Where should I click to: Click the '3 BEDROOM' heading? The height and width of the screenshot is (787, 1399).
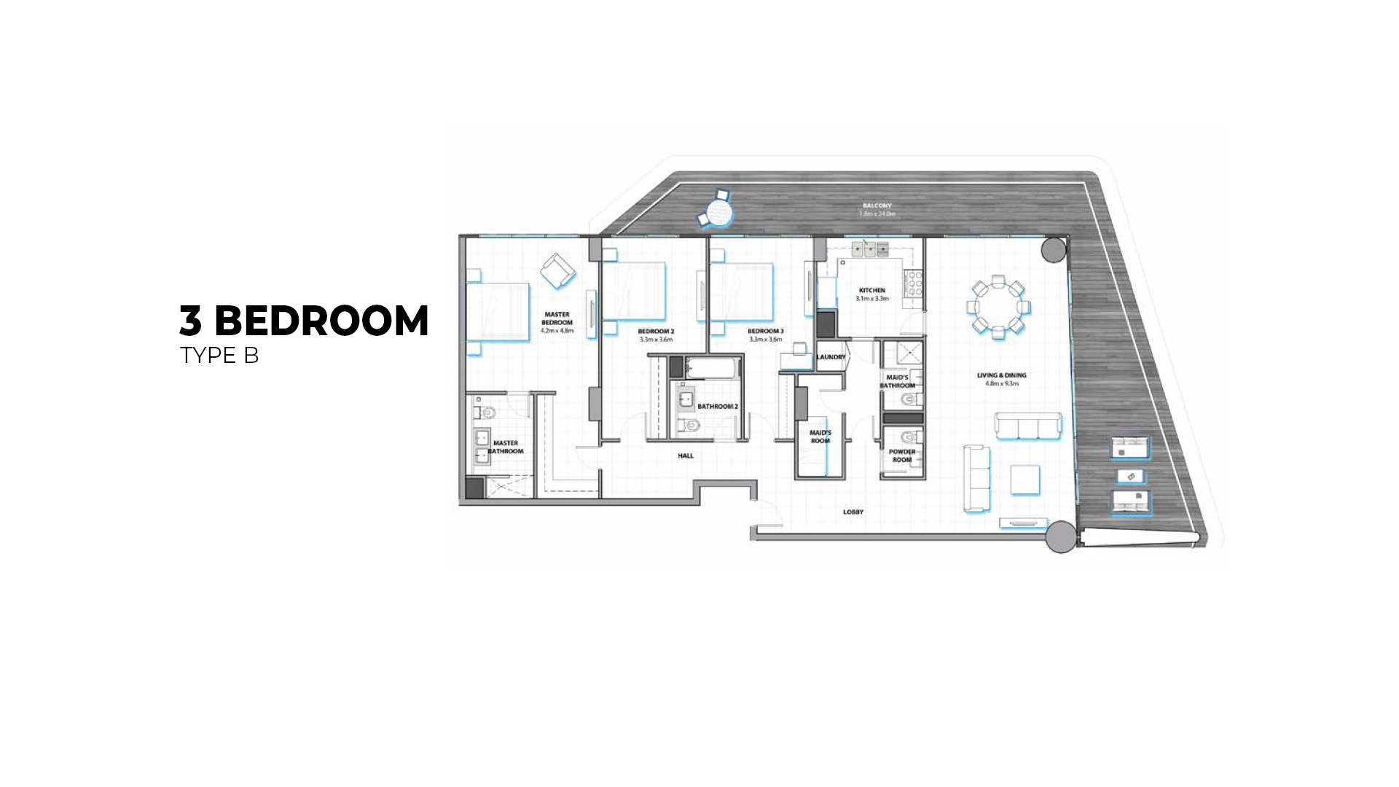[x=304, y=321]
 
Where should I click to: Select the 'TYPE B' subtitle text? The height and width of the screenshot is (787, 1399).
[x=219, y=356]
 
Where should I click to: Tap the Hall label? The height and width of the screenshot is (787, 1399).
[x=686, y=455]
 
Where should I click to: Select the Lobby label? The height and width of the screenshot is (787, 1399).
[x=853, y=512]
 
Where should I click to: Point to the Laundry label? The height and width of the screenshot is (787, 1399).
[x=831, y=357]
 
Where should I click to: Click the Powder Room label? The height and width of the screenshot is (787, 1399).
[x=902, y=455]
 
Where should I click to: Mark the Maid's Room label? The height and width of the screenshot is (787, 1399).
[x=820, y=436]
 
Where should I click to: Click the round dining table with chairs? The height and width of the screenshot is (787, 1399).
[x=998, y=307]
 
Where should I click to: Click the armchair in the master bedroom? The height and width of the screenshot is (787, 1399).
[x=557, y=272]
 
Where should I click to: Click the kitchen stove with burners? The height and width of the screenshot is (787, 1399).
[x=914, y=283]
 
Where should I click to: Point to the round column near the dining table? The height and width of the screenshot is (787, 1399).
[x=1053, y=250]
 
